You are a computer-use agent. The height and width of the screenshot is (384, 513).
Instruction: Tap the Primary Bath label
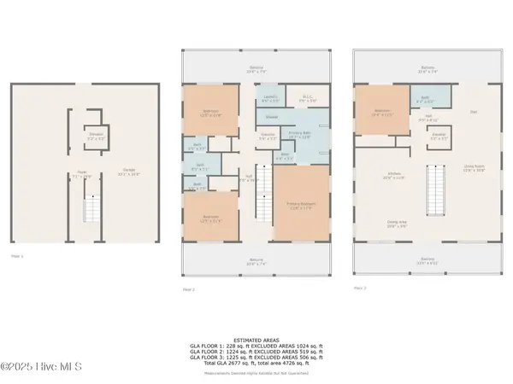click(x=298, y=135)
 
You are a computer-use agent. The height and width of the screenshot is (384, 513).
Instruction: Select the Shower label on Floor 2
click(x=272, y=117)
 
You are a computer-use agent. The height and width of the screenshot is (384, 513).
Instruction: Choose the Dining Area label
click(x=397, y=224)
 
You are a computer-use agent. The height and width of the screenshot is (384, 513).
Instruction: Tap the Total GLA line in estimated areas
click(x=257, y=363)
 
